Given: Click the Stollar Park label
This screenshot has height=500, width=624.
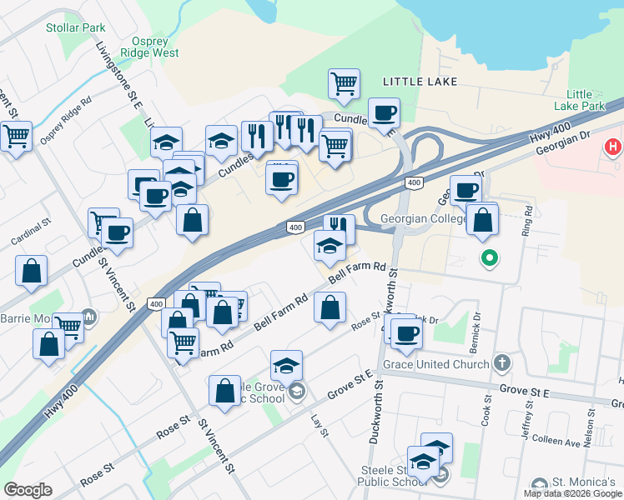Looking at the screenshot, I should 75,27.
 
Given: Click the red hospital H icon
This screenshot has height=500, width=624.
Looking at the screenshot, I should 614,147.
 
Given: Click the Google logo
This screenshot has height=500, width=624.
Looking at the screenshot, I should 28,490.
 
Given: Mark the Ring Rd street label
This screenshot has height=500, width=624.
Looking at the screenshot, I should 526,221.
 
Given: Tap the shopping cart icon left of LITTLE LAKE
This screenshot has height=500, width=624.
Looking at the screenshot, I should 344,83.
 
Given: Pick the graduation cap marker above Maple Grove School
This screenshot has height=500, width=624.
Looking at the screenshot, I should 286,365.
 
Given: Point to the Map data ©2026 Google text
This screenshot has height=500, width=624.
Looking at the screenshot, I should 572,493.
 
